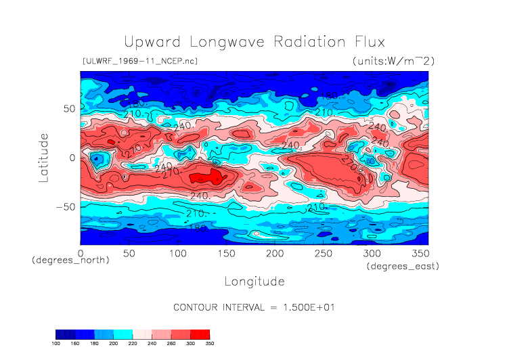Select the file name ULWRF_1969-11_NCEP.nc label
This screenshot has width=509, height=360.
140,62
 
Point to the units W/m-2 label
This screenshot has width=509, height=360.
393,62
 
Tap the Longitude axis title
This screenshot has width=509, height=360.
254,280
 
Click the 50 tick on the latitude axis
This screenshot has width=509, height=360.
68,108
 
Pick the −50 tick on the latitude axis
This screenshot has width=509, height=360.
64,206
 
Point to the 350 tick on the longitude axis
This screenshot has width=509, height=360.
419,253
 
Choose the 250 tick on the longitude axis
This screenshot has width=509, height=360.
322,253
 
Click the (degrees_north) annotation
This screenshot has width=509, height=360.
70,261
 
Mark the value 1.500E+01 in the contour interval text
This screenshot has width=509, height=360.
307,307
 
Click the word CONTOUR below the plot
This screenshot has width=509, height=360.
198,307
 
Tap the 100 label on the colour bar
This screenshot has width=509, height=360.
56,344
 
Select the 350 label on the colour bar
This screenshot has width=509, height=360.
209,344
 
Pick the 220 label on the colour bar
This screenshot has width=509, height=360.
133,344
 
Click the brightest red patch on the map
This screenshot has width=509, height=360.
206,177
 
